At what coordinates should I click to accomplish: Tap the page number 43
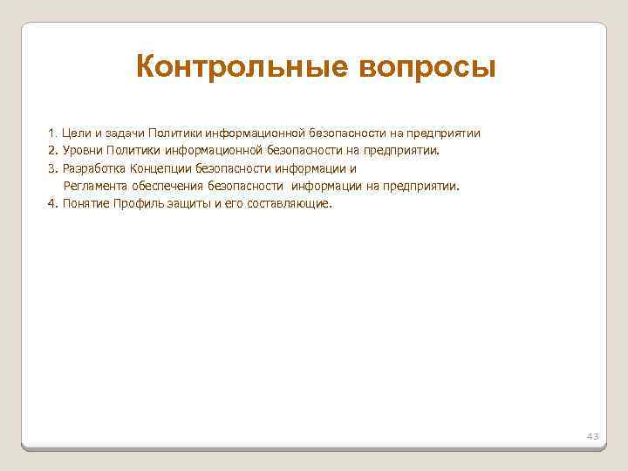point(593,434)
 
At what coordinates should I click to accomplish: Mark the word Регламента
point(94,186)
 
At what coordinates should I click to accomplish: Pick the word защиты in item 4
point(182,203)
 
